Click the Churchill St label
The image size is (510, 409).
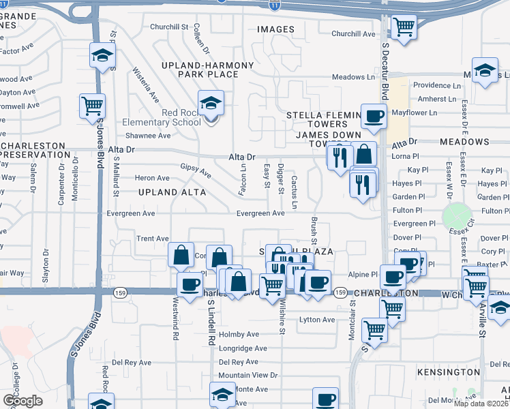pyautogui.click(x=169, y=27)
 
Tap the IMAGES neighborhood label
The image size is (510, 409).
pyautogui.click(x=275, y=29)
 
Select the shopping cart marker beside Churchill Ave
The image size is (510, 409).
pyautogui.click(x=404, y=27)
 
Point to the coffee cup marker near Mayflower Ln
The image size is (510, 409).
pyautogui.click(x=372, y=117)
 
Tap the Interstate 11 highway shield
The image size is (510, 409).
pyautogui.click(x=273, y=5)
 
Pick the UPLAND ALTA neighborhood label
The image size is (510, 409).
pyautogui.click(x=172, y=192)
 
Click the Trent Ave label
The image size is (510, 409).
pyautogui.click(x=152, y=239)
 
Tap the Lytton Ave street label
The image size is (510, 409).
pyautogui.click(x=318, y=320)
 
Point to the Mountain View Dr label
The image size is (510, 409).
pyautogui.click(x=248, y=375)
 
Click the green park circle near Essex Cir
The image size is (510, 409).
pyautogui.click(x=457, y=217)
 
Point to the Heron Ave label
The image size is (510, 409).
pyautogui.click(x=153, y=178)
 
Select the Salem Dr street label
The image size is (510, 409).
pyautogui.click(x=32, y=181)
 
